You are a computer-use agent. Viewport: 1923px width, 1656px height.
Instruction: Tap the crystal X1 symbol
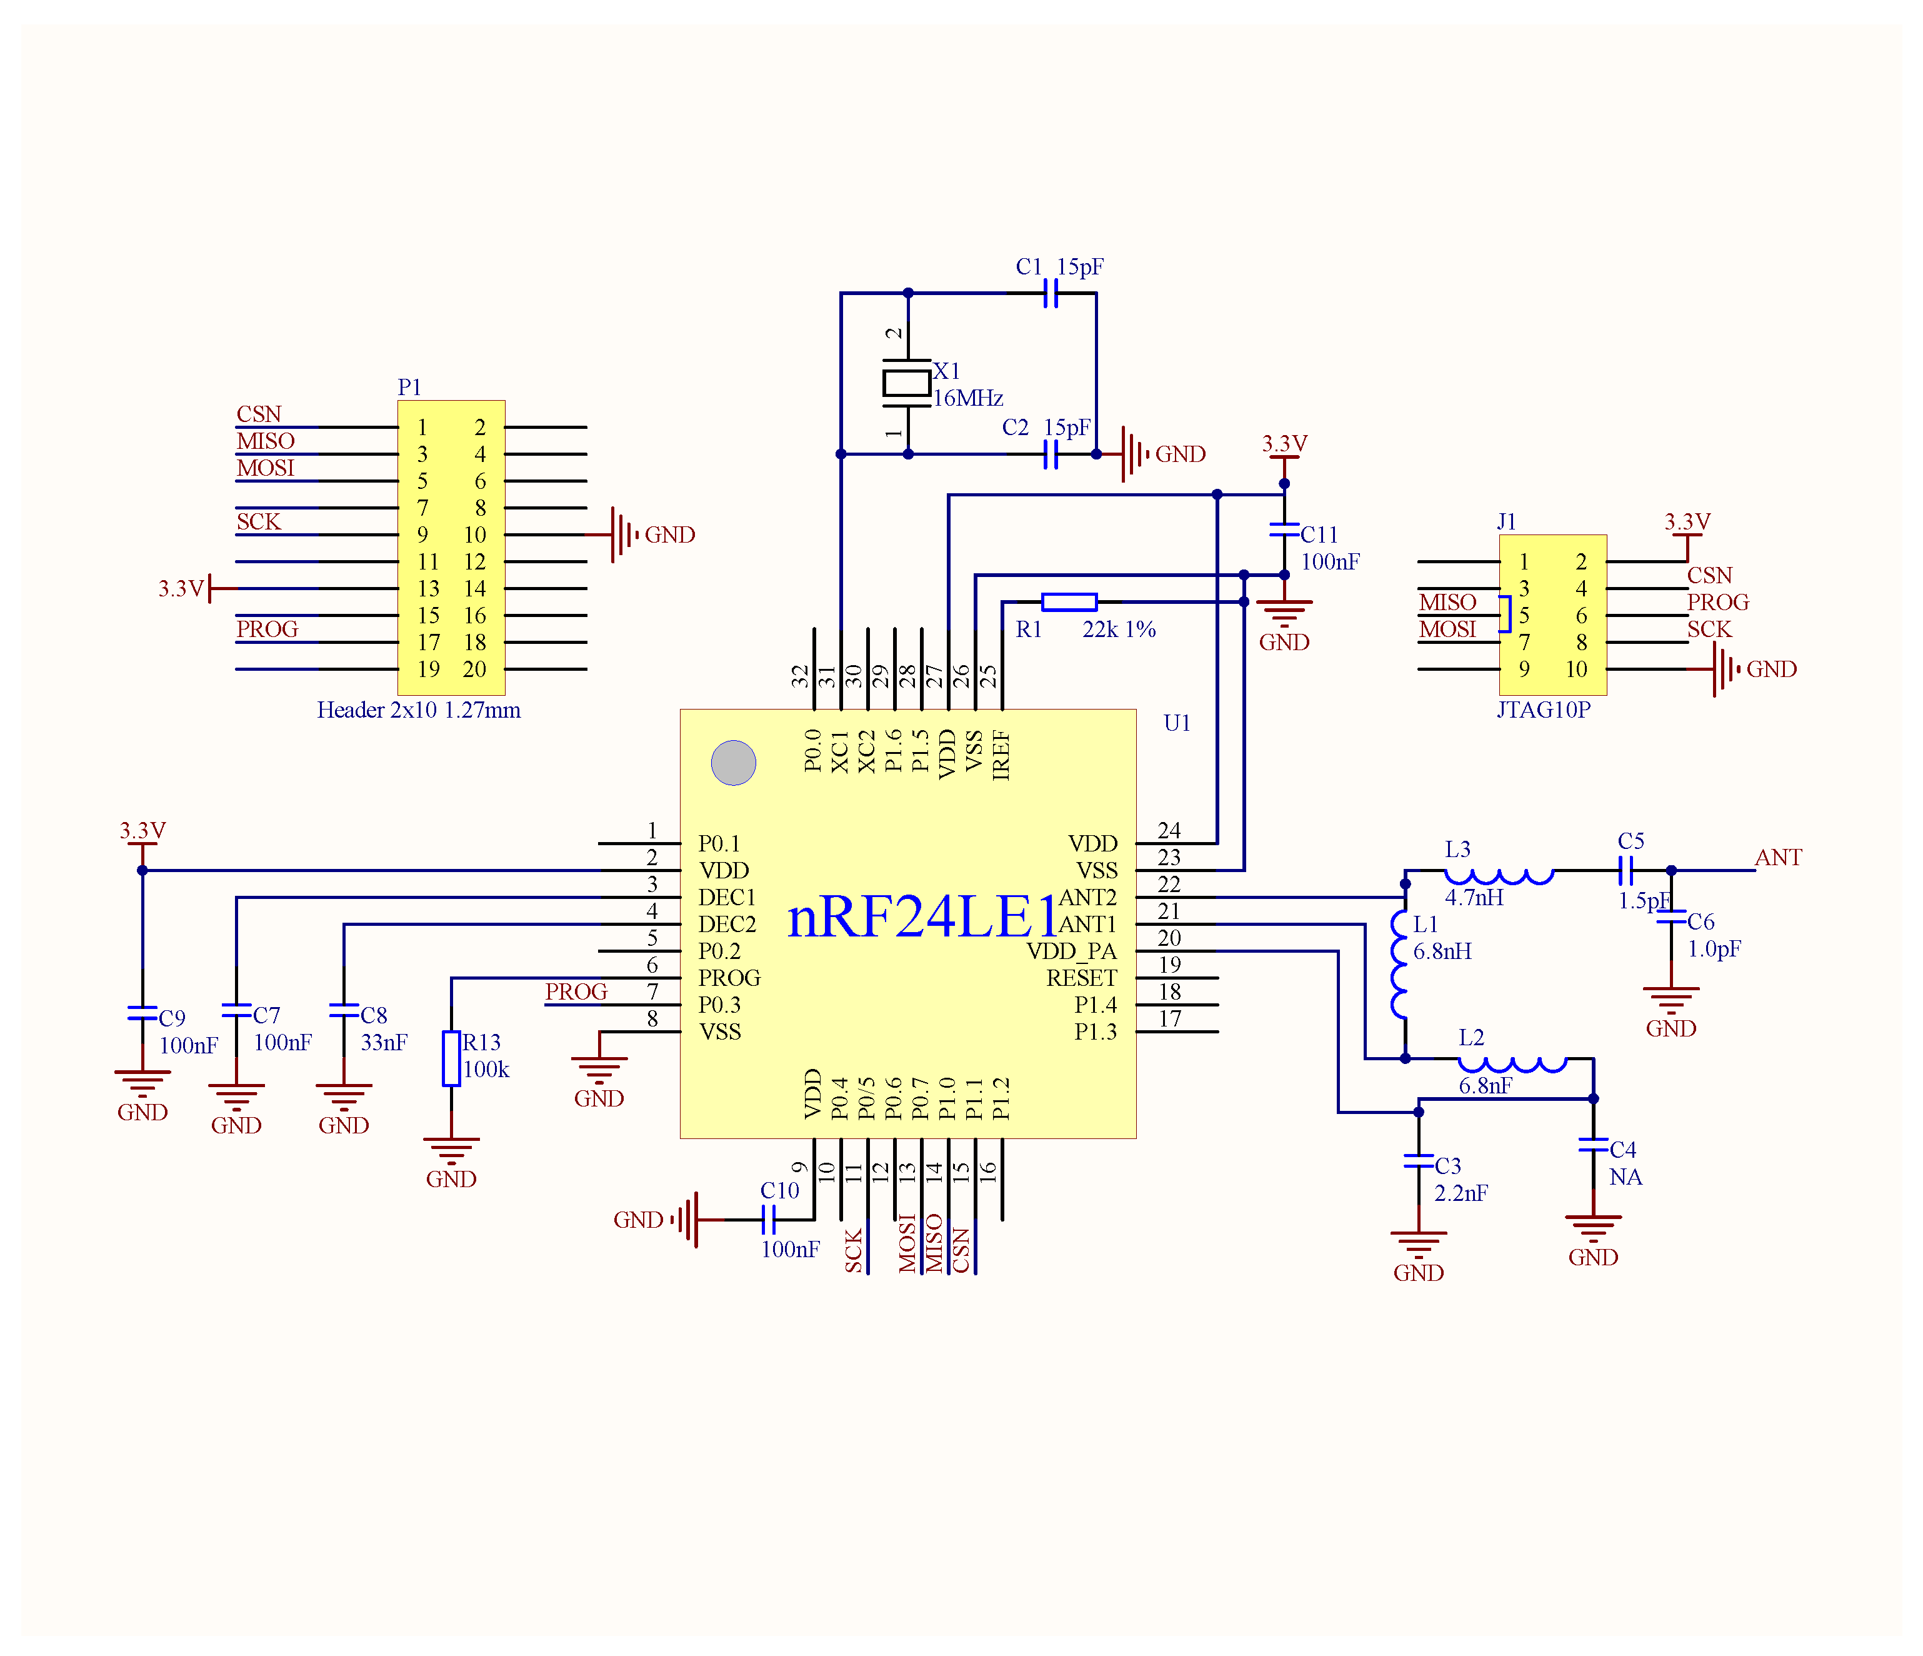click(907, 383)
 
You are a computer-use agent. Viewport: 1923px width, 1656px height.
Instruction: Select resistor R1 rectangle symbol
click(1069, 601)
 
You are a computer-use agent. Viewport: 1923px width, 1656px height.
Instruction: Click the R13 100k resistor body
click(451, 1058)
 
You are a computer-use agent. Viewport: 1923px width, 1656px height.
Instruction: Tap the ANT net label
click(1777, 857)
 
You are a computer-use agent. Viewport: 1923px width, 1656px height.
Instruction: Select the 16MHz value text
click(968, 398)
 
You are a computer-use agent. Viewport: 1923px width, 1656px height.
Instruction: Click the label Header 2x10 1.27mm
click(419, 710)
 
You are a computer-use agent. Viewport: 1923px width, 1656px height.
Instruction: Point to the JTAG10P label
click(1544, 710)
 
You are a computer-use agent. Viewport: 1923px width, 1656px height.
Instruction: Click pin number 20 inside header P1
click(474, 670)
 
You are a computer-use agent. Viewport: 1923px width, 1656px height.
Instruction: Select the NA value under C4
click(1625, 1177)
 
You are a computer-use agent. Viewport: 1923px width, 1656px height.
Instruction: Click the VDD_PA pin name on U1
click(1071, 951)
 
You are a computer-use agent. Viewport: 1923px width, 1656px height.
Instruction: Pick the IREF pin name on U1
click(1001, 755)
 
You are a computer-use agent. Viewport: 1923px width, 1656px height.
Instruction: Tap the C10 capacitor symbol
click(767, 1219)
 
